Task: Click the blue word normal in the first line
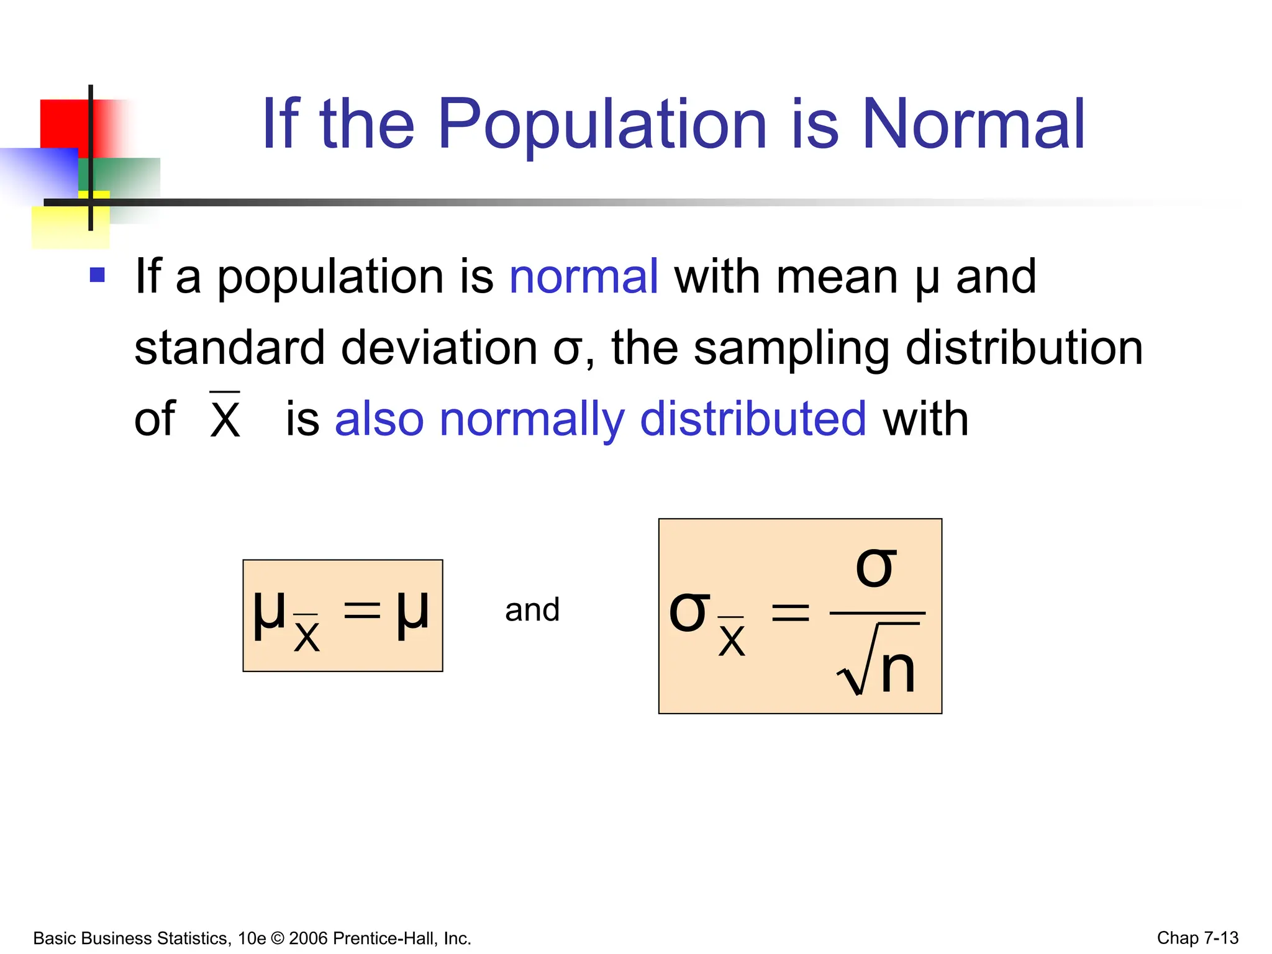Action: tap(583, 276)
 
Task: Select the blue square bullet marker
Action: tap(98, 275)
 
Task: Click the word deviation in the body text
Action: tap(439, 348)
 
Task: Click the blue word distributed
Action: tap(753, 419)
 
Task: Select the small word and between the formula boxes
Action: tap(532, 610)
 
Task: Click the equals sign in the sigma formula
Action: tap(790, 613)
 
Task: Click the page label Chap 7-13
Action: tap(1197, 938)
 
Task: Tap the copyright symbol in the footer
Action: tap(277, 938)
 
